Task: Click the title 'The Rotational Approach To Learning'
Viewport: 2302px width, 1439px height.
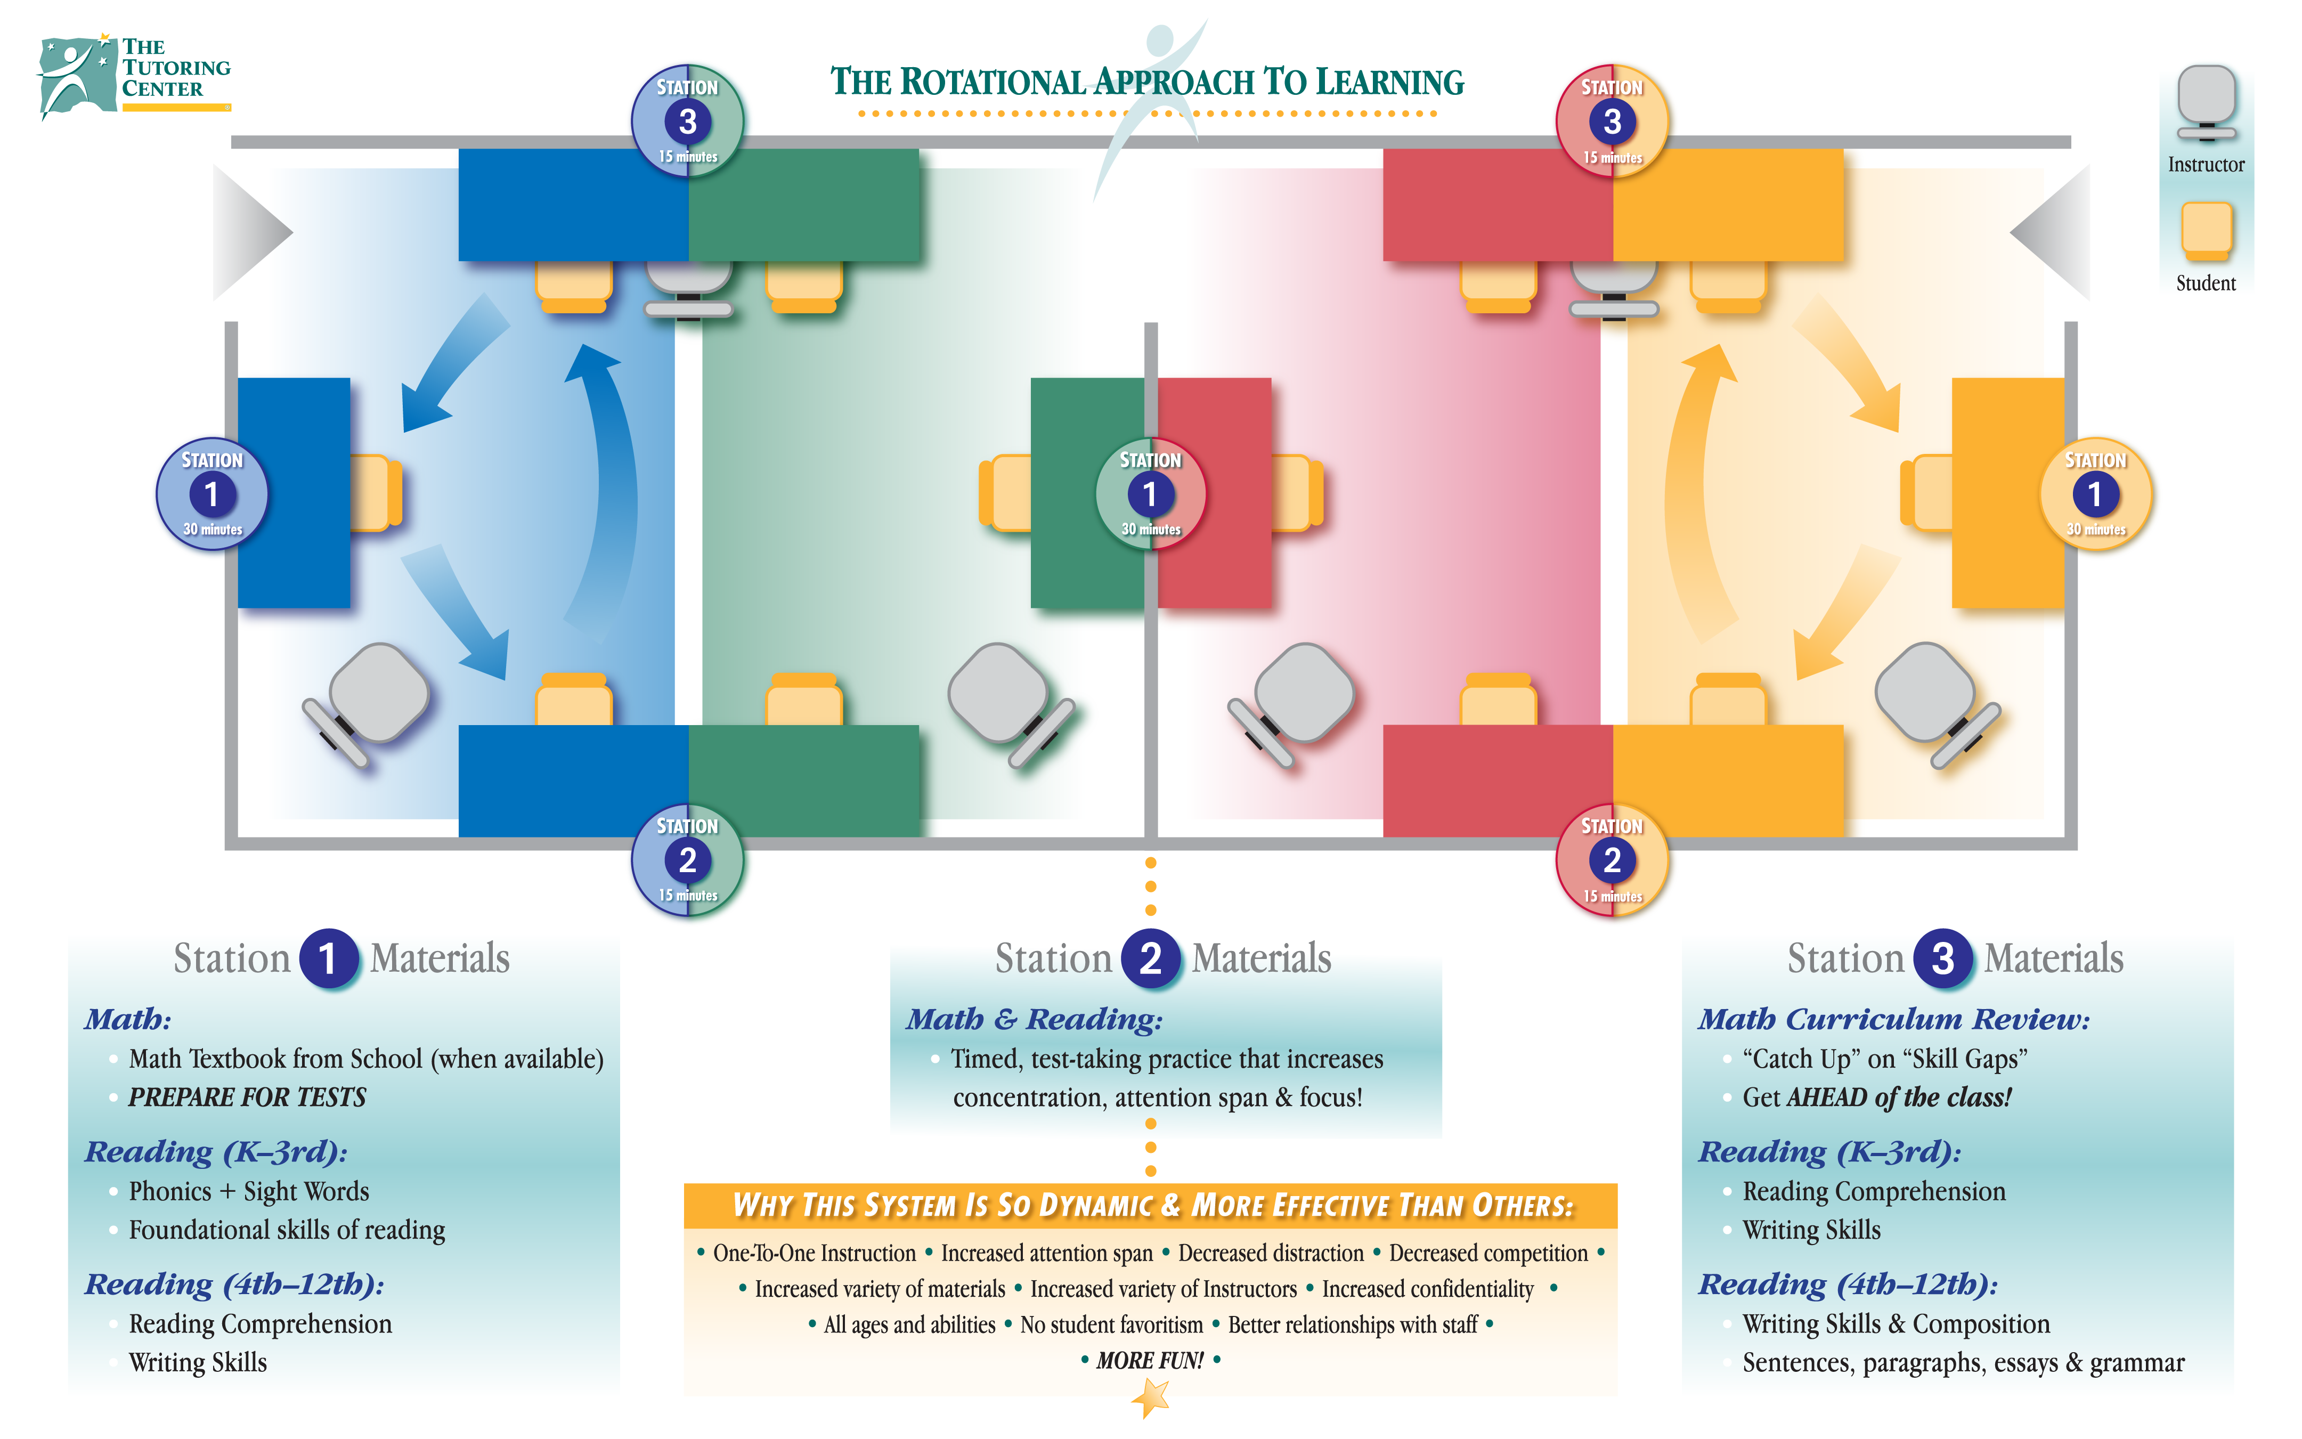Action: pos(1146,83)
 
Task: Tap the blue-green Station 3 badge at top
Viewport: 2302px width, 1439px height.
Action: pos(687,121)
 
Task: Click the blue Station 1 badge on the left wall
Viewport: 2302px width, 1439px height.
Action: pos(212,494)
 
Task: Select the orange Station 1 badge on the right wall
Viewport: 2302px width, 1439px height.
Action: pos(2095,494)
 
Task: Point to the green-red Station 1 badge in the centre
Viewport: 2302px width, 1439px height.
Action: pos(1150,494)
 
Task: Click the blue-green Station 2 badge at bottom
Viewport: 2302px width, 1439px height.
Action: pos(687,860)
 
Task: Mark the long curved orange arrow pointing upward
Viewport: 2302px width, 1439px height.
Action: pos(1689,485)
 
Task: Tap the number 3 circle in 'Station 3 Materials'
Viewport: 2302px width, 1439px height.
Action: pos(1942,958)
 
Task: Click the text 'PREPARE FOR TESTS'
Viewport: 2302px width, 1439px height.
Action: pos(247,1097)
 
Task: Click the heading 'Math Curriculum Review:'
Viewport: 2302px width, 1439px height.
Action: pos(1894,1019)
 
